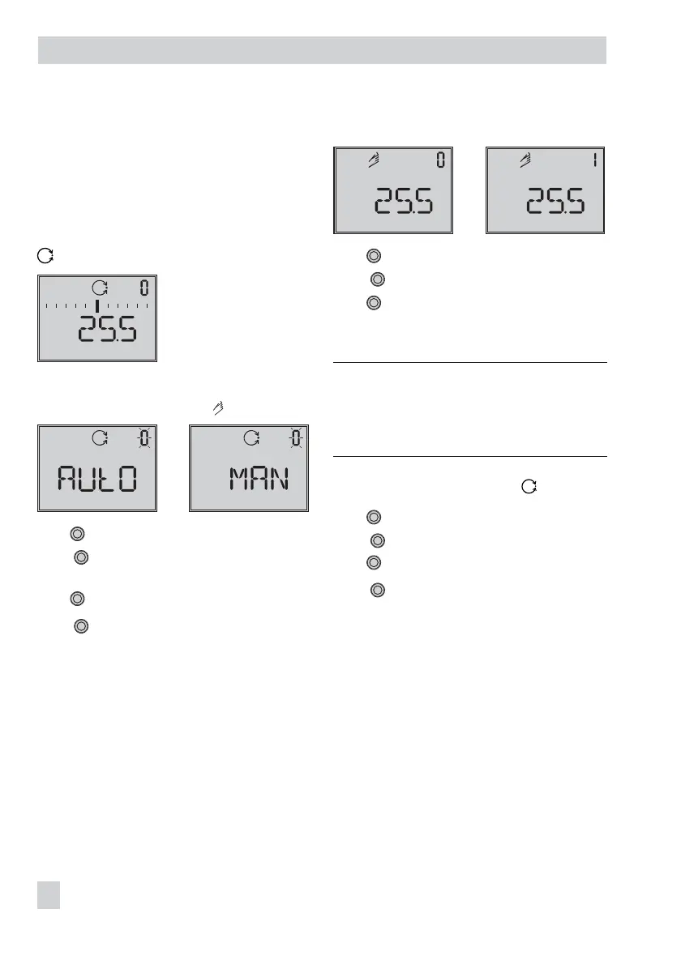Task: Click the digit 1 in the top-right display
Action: (594, 160)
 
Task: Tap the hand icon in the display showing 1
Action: (525, 161)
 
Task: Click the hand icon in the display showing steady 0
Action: (373, 161)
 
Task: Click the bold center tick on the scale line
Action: (96, 305)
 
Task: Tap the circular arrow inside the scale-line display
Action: (100, 288)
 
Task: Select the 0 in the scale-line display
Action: (143, 288)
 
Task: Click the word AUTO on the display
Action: (96, 481)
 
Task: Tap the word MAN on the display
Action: (259, 481)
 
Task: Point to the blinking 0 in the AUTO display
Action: (143, 438)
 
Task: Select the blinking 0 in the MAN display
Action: (296, 438)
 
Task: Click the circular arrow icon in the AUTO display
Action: (100, 438)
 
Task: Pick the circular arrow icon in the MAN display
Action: (252, 438)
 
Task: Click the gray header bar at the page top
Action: (323, 50)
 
